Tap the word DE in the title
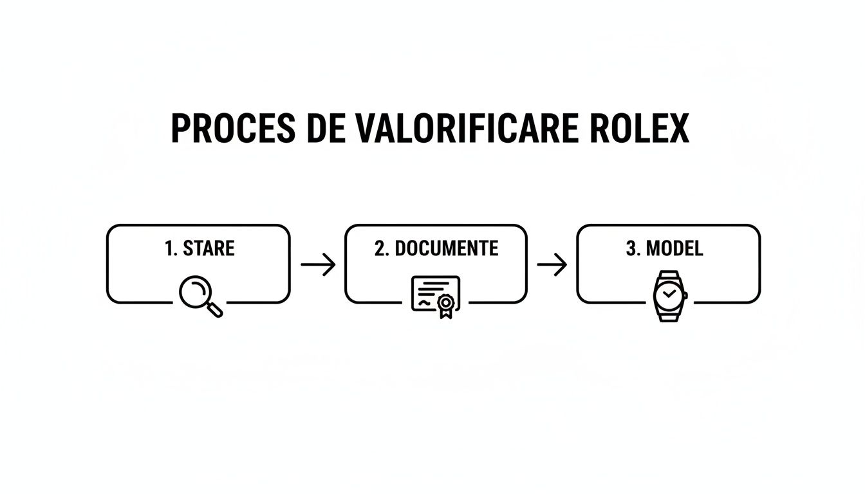(x=326, y=129)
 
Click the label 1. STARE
(x=200, y=248)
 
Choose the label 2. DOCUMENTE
(x=436, y=248)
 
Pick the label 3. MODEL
(x=664, y=248)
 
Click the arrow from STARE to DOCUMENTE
(x=318, y=264)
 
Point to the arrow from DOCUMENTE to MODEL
(x=552, y=264)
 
